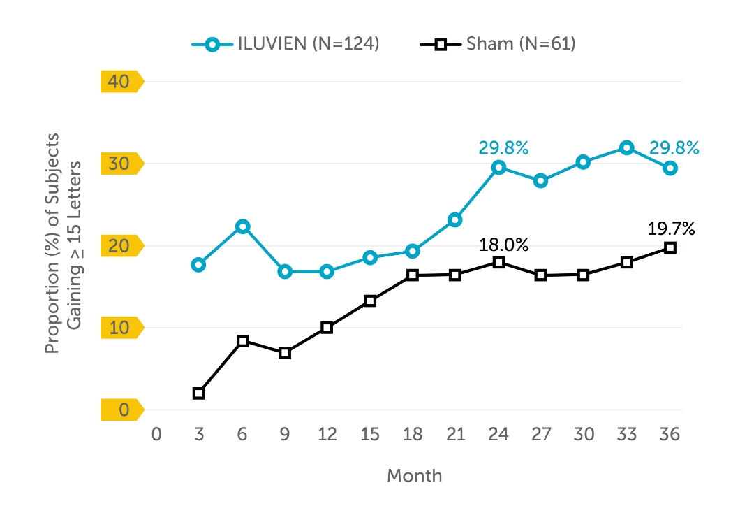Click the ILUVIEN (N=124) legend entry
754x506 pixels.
point(286,44)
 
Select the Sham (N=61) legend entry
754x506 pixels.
point(497,44)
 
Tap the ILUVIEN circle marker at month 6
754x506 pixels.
point(242,226)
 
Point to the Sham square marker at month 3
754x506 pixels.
point(199,393)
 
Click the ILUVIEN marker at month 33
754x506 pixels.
point(627,147)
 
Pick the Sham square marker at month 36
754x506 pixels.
point(670,247)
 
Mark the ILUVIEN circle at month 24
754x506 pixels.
point(498,167)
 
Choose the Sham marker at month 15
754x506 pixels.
point(370,301)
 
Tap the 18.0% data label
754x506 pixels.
point(503,245)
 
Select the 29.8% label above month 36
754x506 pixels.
point(674,147)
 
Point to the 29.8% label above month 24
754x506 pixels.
point(503,147)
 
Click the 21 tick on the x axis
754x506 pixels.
point(455,434)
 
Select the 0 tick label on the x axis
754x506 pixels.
point(156,434)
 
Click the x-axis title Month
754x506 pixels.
point(414,476)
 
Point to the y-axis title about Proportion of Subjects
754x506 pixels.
point(63,245)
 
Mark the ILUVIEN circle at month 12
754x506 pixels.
point(327,272)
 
